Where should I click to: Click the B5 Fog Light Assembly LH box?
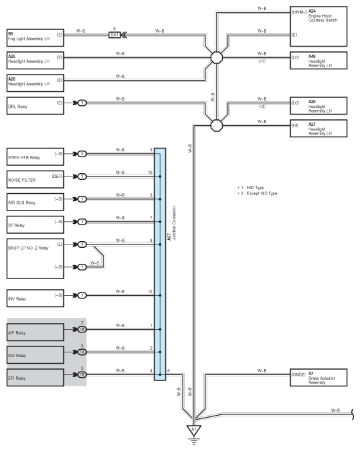click(x=35, y=37)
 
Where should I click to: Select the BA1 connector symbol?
click(x=115, y=35)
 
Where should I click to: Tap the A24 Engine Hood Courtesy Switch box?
click(x=318, y=27)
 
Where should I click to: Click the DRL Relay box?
click(x=35, y=105)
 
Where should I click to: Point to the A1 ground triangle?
click(x=194, y=429)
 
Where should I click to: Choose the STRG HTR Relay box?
click(x=35, y=157)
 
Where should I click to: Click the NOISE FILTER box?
click(x=35, y=179)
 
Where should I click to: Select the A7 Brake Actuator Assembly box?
click(x=318, y=377)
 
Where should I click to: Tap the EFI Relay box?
click(x=35, y=377)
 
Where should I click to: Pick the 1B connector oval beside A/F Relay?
click(x=82, y=329)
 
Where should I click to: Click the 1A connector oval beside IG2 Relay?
click(x=82, y=352)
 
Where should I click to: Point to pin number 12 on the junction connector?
click(x=150, y=291)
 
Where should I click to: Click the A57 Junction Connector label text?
click(x=171, y=223)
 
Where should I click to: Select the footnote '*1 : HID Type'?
click(x=251, y=188)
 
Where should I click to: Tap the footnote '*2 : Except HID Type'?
click(x=257, y=193)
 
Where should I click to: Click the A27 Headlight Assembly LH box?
click(x=318, y=129)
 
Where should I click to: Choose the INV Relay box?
click(x=35, y=298)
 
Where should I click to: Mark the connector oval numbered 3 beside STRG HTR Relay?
click(x=82, y=154)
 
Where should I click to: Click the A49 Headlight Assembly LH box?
click(x=318, y=61)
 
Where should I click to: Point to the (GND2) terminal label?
click(x=299, y=374)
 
